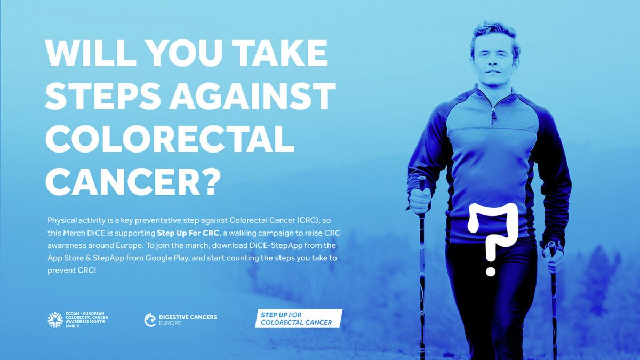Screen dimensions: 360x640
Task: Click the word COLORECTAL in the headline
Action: pos(170,141)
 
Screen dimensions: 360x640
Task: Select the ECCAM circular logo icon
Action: pos(55,319)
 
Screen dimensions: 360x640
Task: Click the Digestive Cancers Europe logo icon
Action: pos(150,319)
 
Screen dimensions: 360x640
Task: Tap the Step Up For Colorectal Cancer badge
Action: pos(298,319)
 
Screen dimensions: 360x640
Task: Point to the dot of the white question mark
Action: pos(491,271)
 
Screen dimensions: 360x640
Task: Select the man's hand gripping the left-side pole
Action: pos(421,201)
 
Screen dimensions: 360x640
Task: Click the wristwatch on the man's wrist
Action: pos(553,247)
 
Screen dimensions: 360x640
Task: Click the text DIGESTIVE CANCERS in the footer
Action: pos(188,317)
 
